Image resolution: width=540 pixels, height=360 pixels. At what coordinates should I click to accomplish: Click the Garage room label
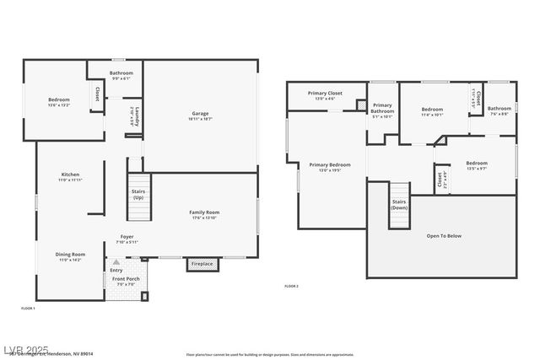coord(200,114)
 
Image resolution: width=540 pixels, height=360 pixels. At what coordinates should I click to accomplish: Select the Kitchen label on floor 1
coord(69,175)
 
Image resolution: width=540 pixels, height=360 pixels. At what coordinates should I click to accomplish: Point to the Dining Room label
coord(71,255)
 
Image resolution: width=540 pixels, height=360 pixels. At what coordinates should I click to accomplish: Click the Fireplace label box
coord(202,265)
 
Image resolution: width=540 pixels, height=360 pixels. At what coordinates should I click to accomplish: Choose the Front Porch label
coord(125,278)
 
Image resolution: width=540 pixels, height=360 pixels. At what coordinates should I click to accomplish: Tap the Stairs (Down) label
coord(399,205)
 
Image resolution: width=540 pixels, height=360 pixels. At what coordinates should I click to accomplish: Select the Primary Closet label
coord(325,94)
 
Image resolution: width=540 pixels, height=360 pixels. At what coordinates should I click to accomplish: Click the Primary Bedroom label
coord(329,165)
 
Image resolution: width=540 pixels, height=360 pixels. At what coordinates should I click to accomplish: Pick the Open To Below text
coord(444,236)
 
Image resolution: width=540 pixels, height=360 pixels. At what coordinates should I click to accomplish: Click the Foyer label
coord(127,238)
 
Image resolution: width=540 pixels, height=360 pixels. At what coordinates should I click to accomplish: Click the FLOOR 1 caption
coord(28,309)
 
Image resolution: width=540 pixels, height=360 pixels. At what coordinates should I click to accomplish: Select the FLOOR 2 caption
coord(291,287)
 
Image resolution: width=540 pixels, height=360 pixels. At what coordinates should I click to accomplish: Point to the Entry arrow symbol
coord(116,263)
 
